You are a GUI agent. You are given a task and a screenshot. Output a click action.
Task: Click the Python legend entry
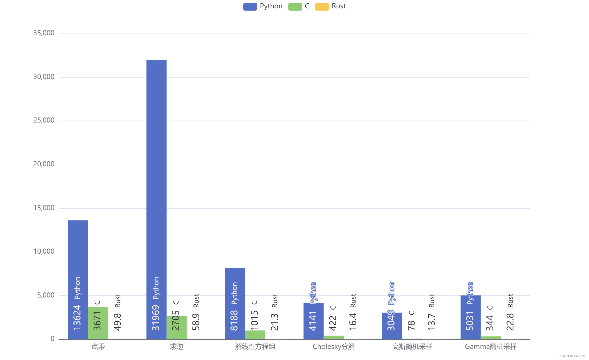point(263,6)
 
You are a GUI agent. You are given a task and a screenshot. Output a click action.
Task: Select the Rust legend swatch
point(322,6)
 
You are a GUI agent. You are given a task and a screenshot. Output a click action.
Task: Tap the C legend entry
point(299,6)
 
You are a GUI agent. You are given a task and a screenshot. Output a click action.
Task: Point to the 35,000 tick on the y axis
point(44,33)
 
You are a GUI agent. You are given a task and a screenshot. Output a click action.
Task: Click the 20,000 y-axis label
point(44,164)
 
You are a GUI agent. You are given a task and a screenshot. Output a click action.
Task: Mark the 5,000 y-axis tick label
point(46,295)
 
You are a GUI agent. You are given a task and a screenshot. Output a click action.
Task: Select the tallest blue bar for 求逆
point(156,167)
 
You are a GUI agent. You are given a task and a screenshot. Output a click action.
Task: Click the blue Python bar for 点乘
point(78,251)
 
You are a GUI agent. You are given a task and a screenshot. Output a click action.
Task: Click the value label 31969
point(156,318)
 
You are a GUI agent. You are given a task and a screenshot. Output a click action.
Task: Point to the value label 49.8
point(118,322)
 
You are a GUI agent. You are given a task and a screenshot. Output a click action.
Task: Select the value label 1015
point(254,320)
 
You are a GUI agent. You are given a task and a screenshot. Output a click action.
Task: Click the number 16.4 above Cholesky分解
point(353,322)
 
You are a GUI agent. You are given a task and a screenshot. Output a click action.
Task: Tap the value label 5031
point(470,321)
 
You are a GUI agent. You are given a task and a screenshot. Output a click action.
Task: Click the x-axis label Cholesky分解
point(334,347)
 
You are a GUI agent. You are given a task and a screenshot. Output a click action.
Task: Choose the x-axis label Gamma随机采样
point(491,347)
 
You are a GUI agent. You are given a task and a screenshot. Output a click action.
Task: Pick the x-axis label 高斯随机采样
point(412,347)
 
